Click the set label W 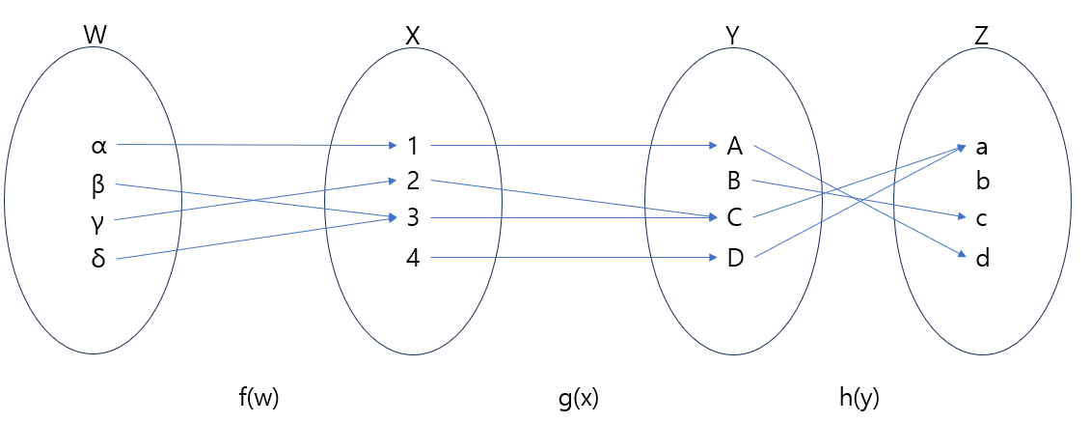[95, 36]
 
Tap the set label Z [981, 36]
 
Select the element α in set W [98, 147]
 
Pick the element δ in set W [97, 258]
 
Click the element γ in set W [97, 221]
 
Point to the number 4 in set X [413, 258]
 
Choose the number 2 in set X [413, 181]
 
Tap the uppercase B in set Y [735, 181]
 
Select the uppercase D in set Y [735, 258]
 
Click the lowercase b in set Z [983, 181]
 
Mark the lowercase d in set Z [982, 258]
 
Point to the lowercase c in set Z [982, 219]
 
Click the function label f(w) [258, 397]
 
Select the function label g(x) [578, 397]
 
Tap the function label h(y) [858, 397]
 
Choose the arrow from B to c [859, 199]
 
